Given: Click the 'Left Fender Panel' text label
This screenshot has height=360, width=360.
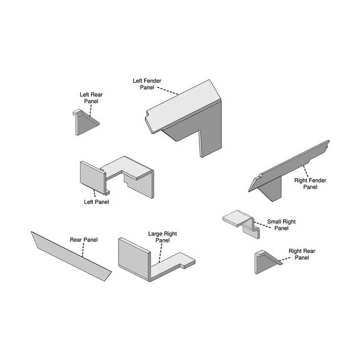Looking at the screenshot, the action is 147,84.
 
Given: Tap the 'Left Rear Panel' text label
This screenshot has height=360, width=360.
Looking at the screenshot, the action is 91,98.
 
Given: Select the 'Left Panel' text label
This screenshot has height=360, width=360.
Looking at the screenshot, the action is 96,202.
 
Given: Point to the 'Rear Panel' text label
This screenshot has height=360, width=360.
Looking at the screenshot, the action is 84,240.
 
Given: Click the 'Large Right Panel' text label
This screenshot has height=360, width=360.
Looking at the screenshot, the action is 163,237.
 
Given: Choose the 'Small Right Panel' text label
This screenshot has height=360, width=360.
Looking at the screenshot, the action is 281,225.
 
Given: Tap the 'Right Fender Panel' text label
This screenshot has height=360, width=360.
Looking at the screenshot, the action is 310,184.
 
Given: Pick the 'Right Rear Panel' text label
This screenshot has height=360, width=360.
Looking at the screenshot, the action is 302,254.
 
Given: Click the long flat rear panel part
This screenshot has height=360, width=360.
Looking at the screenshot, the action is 71,256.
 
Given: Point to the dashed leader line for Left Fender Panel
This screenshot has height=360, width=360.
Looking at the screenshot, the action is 168,91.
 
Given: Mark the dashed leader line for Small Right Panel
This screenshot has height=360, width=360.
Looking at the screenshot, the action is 262,225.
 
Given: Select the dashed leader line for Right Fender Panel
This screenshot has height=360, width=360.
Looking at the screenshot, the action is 306,171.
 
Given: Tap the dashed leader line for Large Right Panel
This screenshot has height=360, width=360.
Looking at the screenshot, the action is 161,253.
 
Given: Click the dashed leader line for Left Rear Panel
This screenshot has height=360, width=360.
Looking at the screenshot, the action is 91,111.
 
